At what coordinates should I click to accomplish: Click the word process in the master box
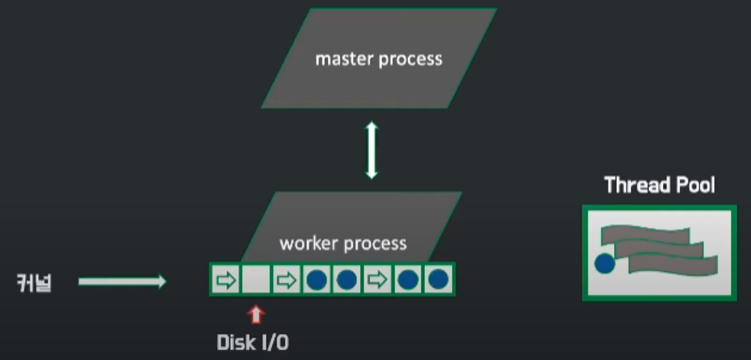coord(411,60)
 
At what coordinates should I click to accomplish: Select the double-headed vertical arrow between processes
coord(372,150)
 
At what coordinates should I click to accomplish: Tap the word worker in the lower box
coord(309,244)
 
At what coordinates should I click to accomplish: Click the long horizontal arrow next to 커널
coord(122,282)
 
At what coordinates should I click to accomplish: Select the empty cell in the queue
coord(256,280)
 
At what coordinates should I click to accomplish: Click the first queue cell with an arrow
coord(225,280)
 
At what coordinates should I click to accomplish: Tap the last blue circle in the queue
coord(438,280)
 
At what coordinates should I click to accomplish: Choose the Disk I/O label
coord(252,342)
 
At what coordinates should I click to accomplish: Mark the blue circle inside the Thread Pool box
coord(605,264)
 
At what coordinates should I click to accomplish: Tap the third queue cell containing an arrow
coord(377,280)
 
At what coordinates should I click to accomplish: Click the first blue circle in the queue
coord(315,280)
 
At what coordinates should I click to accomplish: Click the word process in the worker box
coord(375,244)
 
